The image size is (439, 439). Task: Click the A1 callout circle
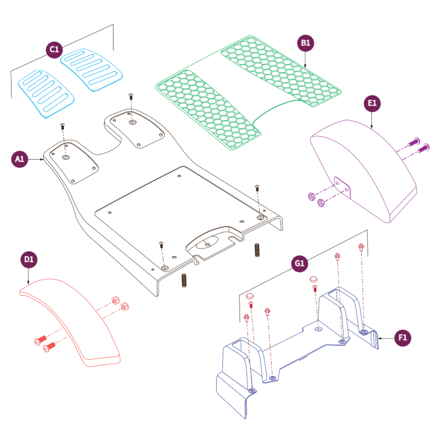[x=20, y=159]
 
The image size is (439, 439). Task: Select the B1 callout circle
[x=306, y=43]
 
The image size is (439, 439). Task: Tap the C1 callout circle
[x=54, y=50]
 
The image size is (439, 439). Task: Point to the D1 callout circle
[x=28, y=259]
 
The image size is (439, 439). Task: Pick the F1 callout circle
[x=403, y=338]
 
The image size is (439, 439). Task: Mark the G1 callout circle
[x=300, y=263]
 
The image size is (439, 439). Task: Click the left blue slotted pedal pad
[x=46, y=93]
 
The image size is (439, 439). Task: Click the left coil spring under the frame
[x=184, y=280]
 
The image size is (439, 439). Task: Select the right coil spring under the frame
[x=257, y=250]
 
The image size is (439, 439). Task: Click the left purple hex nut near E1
[x=311, y=197]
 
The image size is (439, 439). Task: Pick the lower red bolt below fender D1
[x=49, y=347]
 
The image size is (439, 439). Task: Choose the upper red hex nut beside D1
[x=115, y=300]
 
